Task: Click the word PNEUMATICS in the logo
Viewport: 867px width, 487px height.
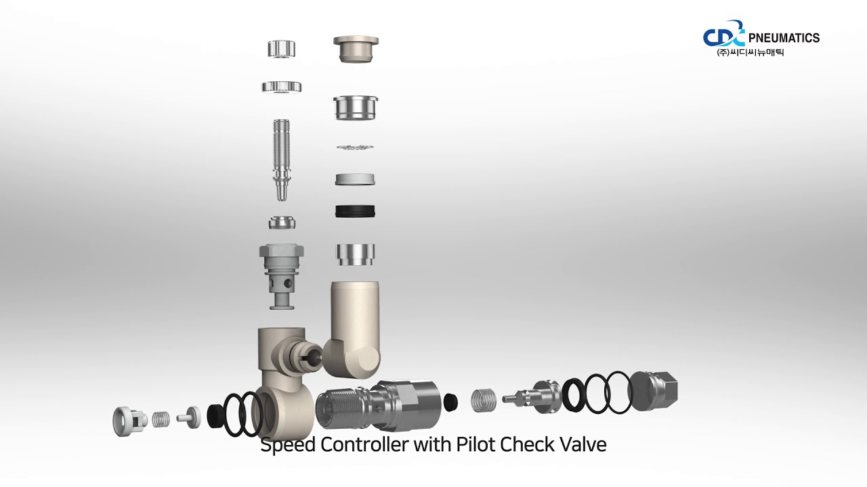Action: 783,38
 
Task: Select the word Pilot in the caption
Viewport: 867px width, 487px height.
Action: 475,445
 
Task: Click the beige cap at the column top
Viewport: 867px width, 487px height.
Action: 356,49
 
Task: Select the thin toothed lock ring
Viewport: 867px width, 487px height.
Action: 356,147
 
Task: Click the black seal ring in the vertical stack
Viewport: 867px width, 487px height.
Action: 356,210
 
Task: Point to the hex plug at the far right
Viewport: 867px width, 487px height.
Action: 656,390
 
